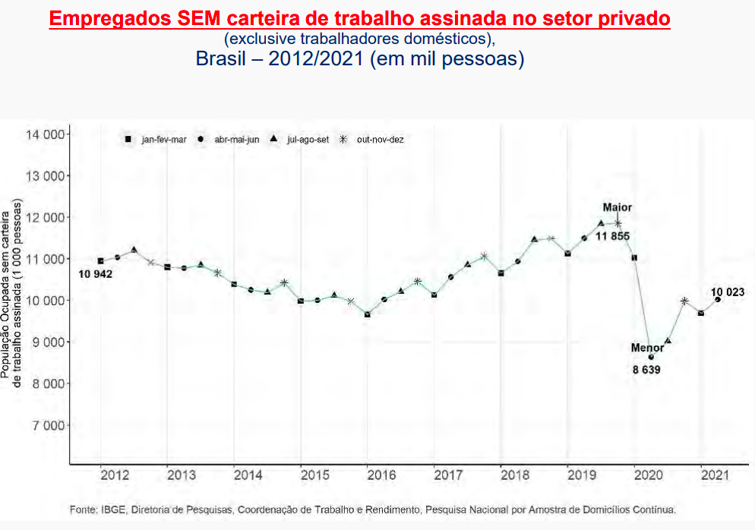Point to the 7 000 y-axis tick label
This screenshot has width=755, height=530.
coord(48,425)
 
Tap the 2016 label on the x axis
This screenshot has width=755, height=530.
coord(381,475)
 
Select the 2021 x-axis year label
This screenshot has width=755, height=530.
coord(715,475)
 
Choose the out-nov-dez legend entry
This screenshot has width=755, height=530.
coord(379,140)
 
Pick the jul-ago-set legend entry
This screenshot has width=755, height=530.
coord(307,140)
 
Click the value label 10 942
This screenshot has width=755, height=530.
coord(95,274)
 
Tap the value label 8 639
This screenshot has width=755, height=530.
coord(647,370)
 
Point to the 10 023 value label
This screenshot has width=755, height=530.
coord(728,292)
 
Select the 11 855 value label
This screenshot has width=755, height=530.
coord(612,237)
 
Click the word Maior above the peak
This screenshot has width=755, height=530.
coord(618,207)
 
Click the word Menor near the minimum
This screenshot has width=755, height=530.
coord(647,348)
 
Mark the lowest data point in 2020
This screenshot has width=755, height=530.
coord(650,357)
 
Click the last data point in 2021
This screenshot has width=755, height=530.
coord(718,299)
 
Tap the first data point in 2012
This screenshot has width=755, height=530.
coord(100,261)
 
